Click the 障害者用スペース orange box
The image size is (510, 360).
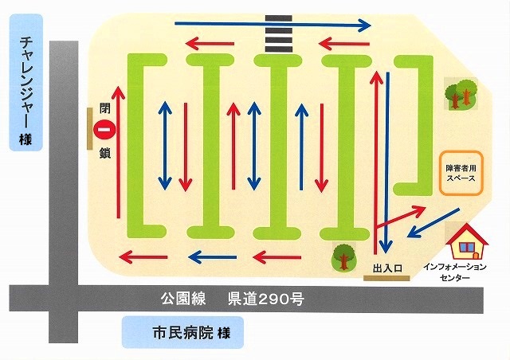click(461, 174)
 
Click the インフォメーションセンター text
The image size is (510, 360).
click(465, 271)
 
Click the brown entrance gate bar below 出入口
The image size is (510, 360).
click(386, 277)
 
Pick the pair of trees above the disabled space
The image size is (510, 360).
click(461, 94)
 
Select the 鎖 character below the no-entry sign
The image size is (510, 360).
click(104, 150)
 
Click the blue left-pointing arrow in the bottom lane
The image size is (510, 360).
click(214, 256)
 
